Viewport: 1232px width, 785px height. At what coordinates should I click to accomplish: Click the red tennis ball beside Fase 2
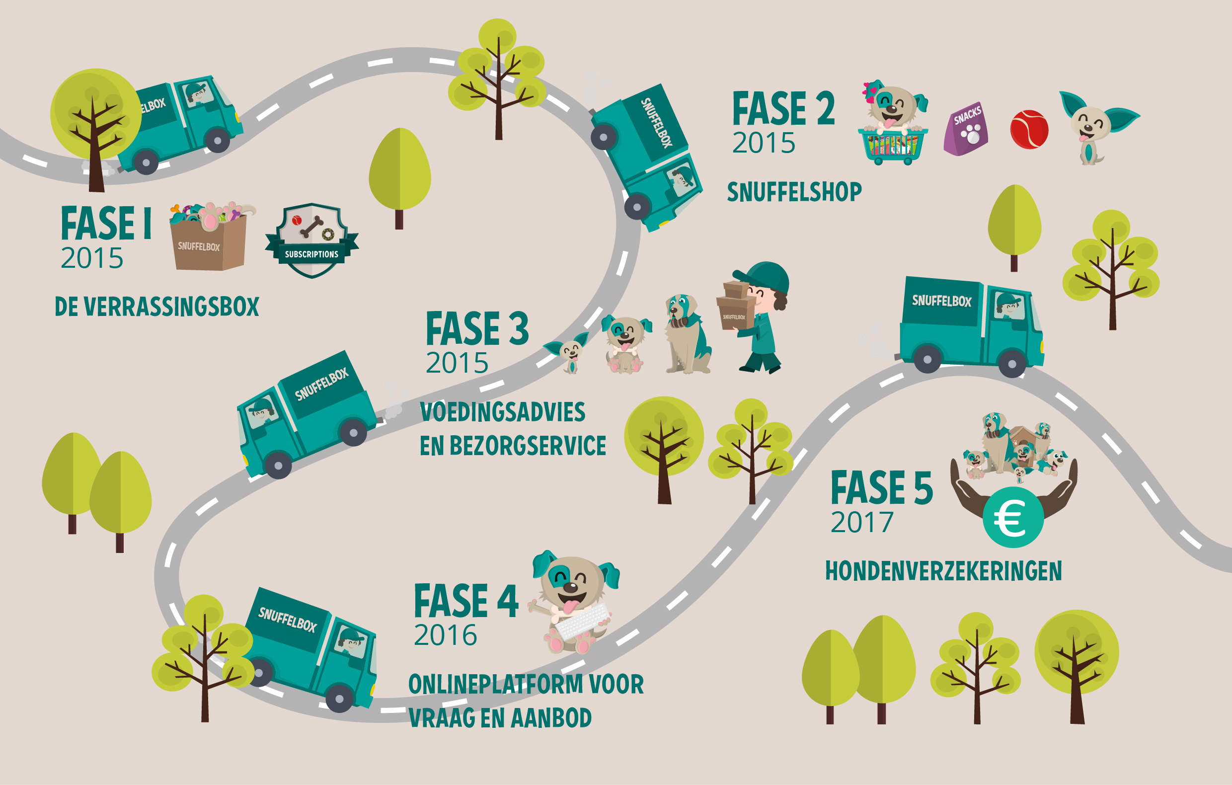tap(1029, 130)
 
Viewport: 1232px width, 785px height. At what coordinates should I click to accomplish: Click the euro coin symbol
tap(1012, 517)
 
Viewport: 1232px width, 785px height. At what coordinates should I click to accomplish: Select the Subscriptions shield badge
tap(311, 240)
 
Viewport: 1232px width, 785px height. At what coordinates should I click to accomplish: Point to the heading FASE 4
tap(466, 601)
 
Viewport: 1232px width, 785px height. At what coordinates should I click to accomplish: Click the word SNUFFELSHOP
tap(794, 192)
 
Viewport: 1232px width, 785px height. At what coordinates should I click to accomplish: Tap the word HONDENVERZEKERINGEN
tap(943, 571)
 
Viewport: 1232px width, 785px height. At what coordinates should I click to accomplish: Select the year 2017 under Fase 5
tap(862, 523)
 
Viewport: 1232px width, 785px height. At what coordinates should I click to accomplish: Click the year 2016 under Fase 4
tap(445, 635)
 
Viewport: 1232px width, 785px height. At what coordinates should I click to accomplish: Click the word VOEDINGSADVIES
tap(502, 412)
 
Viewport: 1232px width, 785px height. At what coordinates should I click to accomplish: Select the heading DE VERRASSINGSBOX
tap(157, 307)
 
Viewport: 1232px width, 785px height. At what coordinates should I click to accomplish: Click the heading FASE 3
tap(477, 328)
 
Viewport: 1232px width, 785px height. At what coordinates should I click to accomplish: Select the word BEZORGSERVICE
tap(528, 446)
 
